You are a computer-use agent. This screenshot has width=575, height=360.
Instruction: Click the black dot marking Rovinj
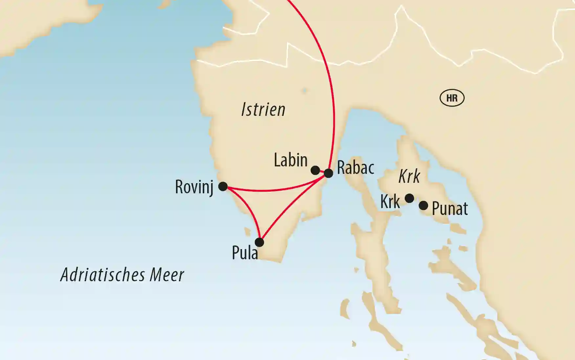pyautogui.click(x=223, y=186)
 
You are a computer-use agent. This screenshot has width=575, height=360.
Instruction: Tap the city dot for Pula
pyautogui.click(x=259, y=242)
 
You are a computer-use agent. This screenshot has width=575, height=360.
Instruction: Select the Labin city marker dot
pyautogui.click(x=315, y=170)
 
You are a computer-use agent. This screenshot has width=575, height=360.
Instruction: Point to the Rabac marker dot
pyautogui.click(x=328, y=173)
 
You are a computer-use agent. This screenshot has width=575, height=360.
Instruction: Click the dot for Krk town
pyautogui.click(x=409, y=198)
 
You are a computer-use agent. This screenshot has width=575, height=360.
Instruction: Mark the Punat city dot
pyautogui.click(x=424, y=206)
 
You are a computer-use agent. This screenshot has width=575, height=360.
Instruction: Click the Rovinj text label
pyautogui.click(x=194, y=187)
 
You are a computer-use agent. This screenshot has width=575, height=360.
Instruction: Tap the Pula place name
pyautogui.click(x=245, y=253)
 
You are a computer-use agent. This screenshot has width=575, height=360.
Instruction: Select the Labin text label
pyautogui.click(x=291, y=160)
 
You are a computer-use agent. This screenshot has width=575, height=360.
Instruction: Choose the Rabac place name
pyautogui.click(x=356, y=168)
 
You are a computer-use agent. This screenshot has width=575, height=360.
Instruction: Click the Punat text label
pyautogui.click(x=450, y=209)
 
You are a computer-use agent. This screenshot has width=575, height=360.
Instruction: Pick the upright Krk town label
pyautogui.click(x=390, y=201)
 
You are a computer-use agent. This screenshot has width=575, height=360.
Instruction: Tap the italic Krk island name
pyautogui.click(x=409, y=177)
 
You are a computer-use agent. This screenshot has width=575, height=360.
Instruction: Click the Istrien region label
pyautogui.click(x=263, y=110)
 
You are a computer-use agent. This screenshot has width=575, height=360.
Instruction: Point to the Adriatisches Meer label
pyautogui.click(x=122, y=275)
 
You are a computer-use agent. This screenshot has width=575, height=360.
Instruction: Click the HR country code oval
pyautogui.click(x=452, y=98)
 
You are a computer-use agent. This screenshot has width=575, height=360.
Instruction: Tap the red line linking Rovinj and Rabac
pyautogui.click(x=273, y=190)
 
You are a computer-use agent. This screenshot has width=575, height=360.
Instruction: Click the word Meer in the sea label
pyautogui.click(x=167, y=275)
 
